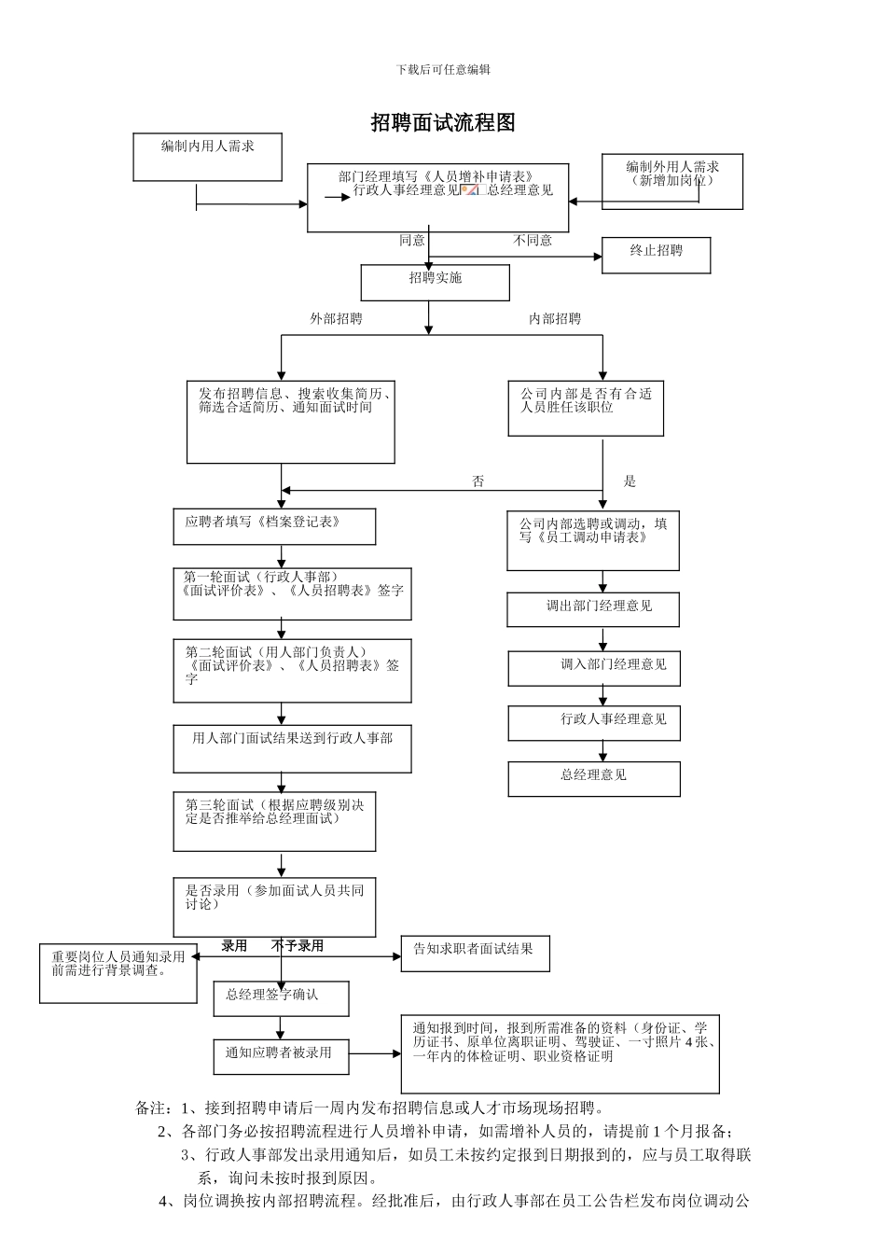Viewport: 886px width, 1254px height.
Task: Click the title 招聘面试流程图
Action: point(443,122)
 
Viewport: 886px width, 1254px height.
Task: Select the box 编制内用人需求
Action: point(207,157)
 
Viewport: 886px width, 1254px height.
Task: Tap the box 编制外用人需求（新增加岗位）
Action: point(671,181)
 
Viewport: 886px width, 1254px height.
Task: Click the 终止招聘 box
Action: point(656,255)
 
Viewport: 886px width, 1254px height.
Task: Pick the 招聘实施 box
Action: point(436,283)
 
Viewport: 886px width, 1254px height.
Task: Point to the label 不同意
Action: point(533,241)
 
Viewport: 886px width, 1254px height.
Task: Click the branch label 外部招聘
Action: point(336,319)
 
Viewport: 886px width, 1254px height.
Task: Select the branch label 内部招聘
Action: point(555,319)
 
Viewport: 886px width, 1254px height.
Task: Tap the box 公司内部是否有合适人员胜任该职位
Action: point(586,409)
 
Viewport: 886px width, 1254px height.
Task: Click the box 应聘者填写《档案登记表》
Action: point(274,526)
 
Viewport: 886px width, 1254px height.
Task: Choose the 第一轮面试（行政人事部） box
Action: point(292,593)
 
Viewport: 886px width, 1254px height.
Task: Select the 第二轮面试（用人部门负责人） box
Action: point(292,670)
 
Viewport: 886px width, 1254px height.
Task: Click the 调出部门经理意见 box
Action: point(593,609)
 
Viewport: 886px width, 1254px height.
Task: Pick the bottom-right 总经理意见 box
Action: point(594,778)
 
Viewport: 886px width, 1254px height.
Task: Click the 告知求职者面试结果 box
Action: point(475,953)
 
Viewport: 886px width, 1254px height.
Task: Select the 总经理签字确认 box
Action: point(281,998)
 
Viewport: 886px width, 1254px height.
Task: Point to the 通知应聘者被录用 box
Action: point(281,1056)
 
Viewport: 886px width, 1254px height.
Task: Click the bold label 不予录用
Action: point(298,946)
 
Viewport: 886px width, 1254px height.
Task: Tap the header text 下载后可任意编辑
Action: point(443,69)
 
